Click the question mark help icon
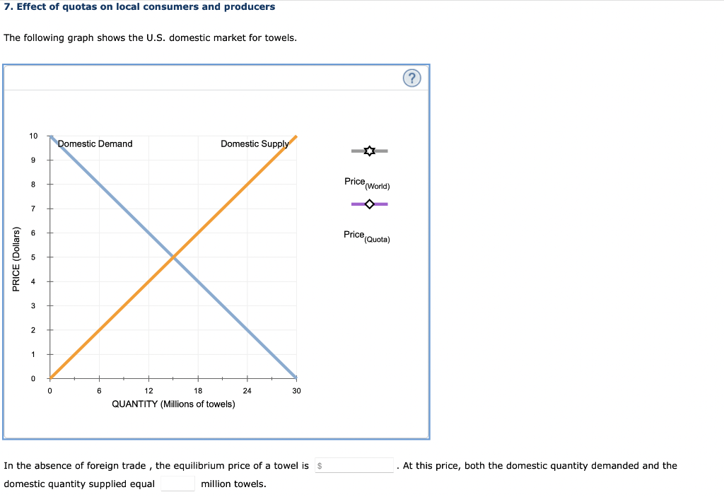[413, 78]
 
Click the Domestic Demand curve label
[95, 144]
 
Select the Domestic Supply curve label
[255, 144]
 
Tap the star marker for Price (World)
[369, 151]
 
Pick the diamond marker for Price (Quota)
[369, 204]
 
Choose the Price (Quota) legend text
[366, 235]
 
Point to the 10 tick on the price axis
[34, 136]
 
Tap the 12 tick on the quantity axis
[148, 390]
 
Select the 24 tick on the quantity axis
[247, 390]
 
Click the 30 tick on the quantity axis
[296, 390]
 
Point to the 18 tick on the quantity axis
[198, 390]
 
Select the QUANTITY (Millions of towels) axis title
[174, 404]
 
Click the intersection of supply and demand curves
[173, 257]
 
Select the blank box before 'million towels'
[177, 484]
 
